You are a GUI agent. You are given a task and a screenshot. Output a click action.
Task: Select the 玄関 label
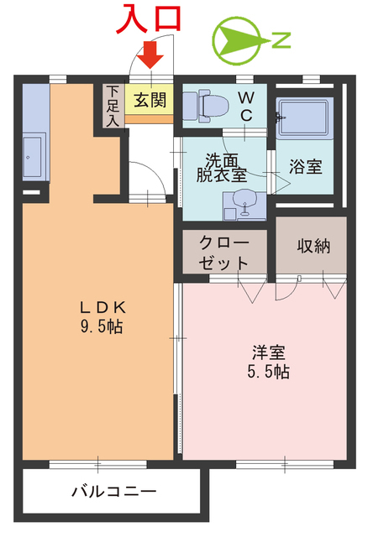150,100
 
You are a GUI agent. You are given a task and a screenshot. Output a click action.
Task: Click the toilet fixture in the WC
209,105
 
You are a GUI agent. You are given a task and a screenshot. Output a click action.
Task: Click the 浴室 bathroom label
305,165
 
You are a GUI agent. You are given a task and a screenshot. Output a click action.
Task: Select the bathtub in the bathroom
304,123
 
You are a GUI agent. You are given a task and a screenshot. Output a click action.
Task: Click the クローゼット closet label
223,252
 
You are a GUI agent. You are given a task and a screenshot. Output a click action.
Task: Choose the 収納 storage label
311,246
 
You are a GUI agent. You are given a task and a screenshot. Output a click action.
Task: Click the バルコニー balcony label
113,491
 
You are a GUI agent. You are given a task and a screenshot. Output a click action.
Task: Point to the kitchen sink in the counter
33,154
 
